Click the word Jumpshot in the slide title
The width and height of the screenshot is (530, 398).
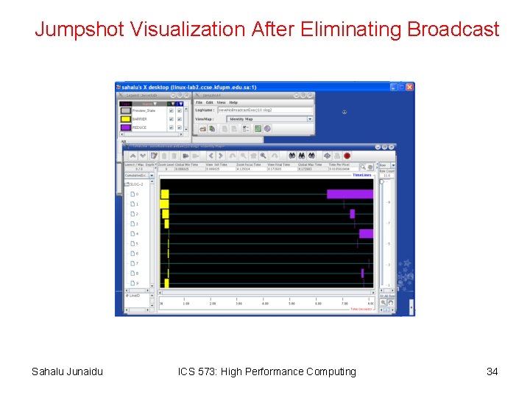[x=79, y=29]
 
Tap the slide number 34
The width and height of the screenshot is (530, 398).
[x=492, y=371]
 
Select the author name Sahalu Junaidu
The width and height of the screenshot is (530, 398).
[x=67, y=371]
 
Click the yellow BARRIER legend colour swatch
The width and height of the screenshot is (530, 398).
[x=126, y=119]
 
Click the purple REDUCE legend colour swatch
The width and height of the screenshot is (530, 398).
[x=126, y=128]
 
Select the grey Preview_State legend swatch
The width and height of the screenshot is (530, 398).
[x=126, y=111]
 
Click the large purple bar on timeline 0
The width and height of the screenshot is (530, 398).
[x=350, y=194]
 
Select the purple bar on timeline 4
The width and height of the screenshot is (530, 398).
[x=366, y=234]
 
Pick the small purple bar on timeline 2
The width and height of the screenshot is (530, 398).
[x=353, y=214]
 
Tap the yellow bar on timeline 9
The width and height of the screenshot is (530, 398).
[x=166, y=283]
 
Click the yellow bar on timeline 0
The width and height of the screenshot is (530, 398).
[x=165, y=194]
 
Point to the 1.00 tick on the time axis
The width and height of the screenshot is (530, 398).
[x=186, y=304]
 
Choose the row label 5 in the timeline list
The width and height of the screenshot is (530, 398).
[x=136, y=244]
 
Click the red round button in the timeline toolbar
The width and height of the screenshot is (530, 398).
[x=347, y=156]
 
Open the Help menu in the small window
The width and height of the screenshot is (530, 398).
[x=233, y=102]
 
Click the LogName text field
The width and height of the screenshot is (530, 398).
[x=265, y=110]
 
